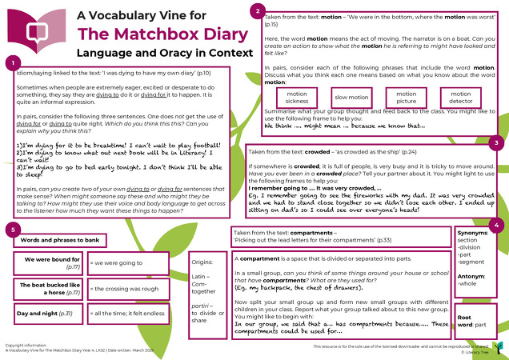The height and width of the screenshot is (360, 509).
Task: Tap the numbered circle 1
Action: [x=11, y=62]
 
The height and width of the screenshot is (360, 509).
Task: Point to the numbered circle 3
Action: [x=496, y=142]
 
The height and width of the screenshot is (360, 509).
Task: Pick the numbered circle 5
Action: [x=11, y=231]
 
